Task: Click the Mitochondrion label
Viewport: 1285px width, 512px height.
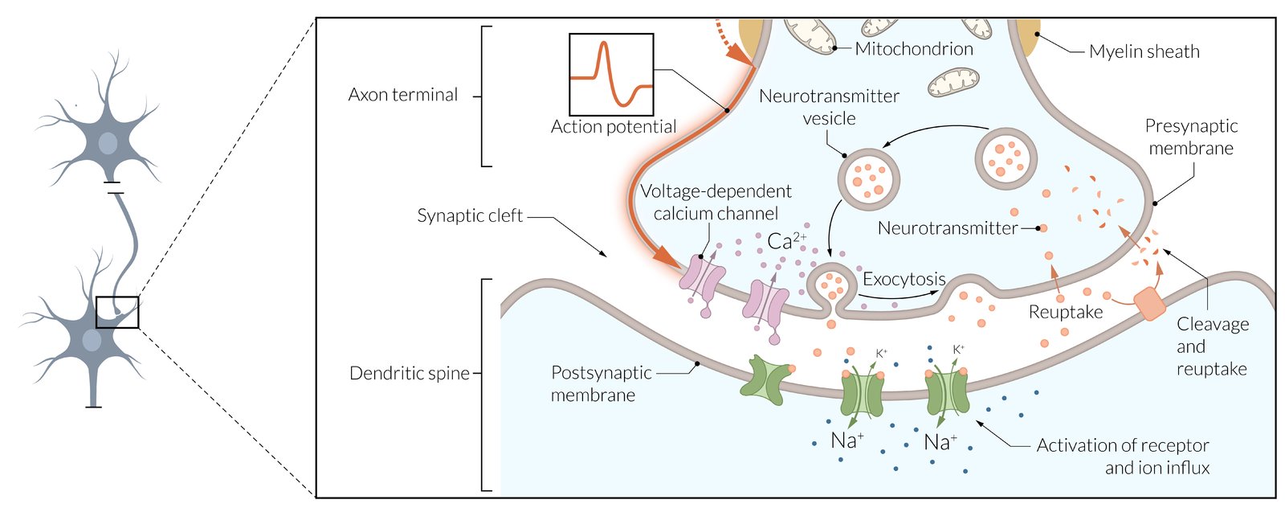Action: click(913, 49)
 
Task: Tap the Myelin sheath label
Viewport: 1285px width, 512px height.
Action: click(1144, 51)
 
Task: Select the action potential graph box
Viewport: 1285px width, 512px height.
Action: click(611, 75)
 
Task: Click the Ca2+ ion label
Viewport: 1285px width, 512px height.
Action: click(785, 240)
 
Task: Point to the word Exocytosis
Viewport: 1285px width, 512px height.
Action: click(904, 279)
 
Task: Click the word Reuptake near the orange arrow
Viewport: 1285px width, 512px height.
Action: click(1066, 312)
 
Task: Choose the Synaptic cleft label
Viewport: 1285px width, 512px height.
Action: click(470, 215)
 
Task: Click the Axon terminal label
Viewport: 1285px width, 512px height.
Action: click(403, 95)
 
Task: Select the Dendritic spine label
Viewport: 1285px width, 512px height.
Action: click(409, 373)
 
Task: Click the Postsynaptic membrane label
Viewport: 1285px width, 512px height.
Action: click(600, 383)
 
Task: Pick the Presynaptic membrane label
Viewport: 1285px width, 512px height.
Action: click(1191, 137)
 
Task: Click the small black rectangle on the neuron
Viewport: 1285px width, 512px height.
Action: click(117, 312)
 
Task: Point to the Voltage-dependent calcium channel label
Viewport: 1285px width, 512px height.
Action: click(715, 203)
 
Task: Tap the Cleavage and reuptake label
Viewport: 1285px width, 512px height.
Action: click(1211, 346)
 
